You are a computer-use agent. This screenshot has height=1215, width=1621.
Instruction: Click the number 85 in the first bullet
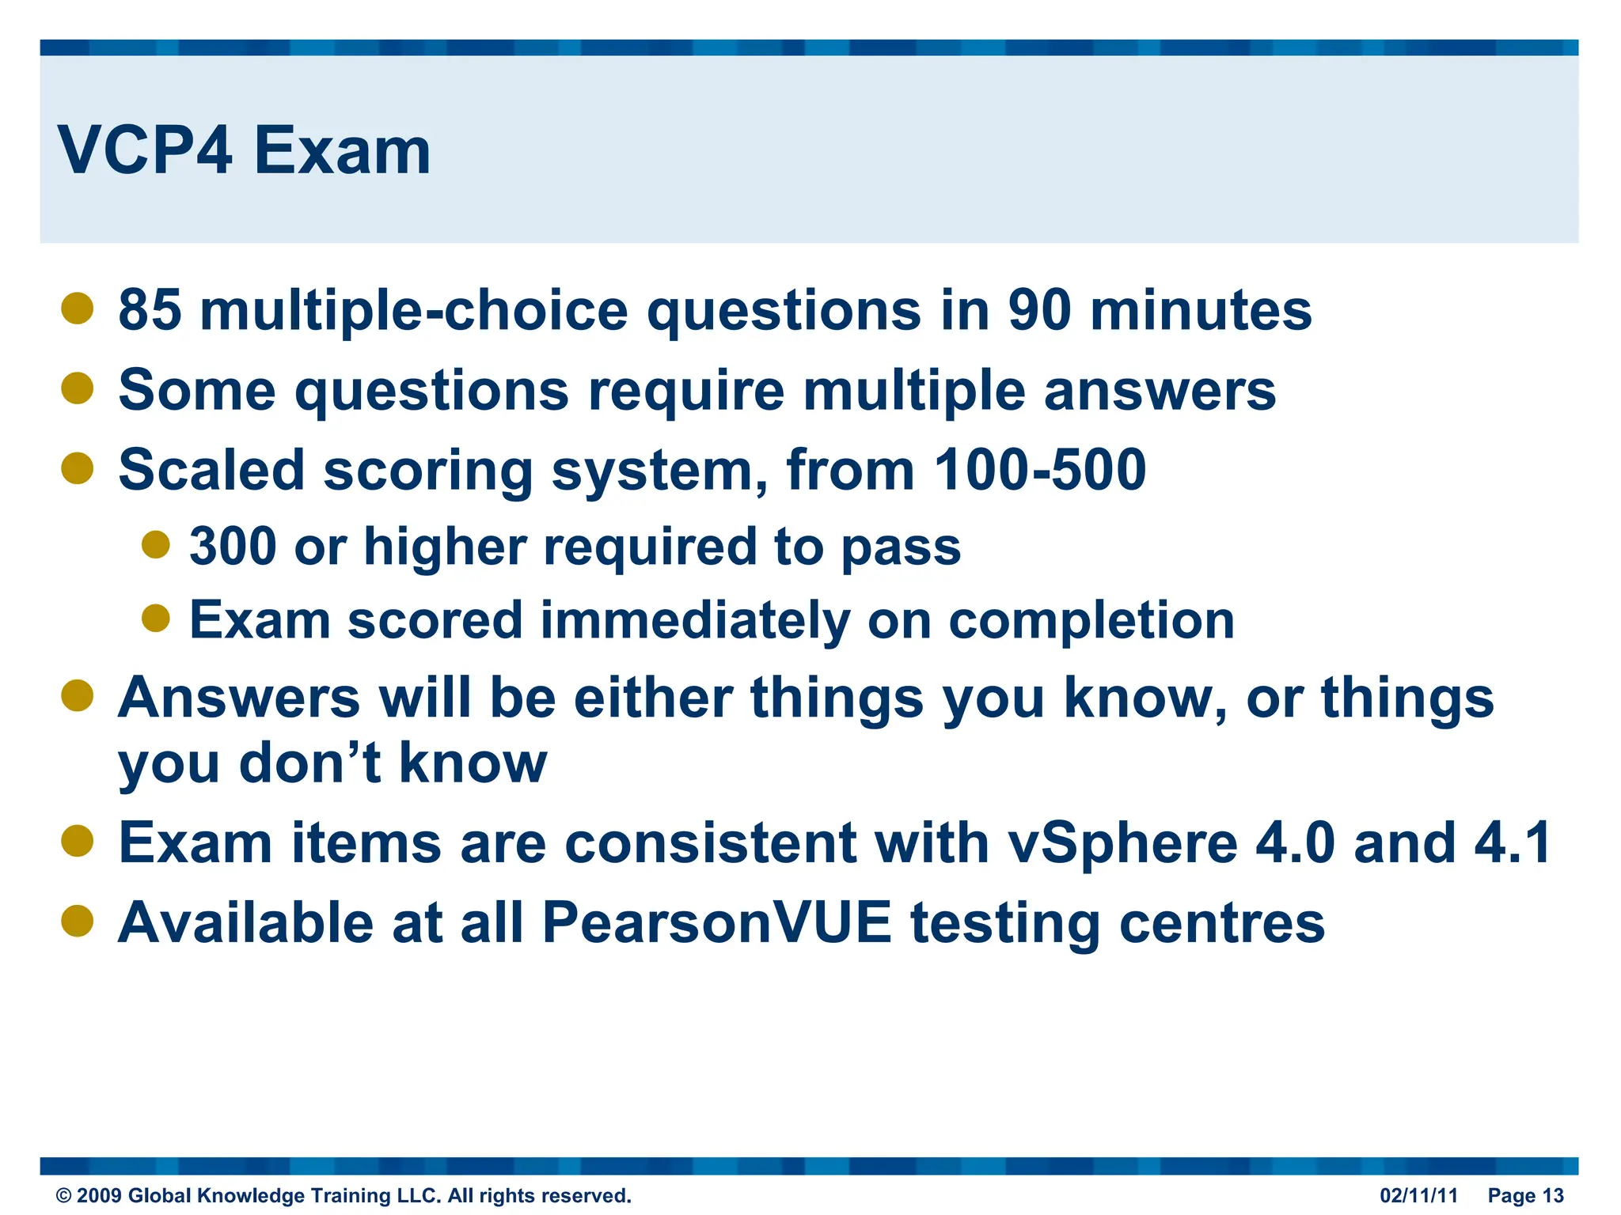coord(150,309)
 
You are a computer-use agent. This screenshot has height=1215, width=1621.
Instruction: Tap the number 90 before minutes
coord(1038,309)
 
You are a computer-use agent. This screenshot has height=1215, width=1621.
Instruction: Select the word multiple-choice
coord(413,311)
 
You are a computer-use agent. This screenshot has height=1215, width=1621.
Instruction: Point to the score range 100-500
coord(1039,470)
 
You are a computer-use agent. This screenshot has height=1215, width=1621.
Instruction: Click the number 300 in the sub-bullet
coord(232,547)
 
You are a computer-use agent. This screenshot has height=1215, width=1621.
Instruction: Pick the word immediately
coord(694,619)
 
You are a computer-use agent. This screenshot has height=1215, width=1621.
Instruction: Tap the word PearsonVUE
coord(716,922)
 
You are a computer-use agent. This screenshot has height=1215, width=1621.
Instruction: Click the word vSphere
coord(1122,843)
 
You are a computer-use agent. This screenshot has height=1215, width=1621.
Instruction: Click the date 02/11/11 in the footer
coord(1418,1195)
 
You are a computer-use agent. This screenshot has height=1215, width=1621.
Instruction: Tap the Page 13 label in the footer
coord(1525,1195)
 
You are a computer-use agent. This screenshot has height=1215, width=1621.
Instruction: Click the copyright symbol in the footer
coord(63,1196)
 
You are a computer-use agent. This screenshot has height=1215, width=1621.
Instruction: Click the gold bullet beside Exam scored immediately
coord(156,618)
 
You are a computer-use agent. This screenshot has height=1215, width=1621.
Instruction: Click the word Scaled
coord(211,470)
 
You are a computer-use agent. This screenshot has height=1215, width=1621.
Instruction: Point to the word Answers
coord(238,698)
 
